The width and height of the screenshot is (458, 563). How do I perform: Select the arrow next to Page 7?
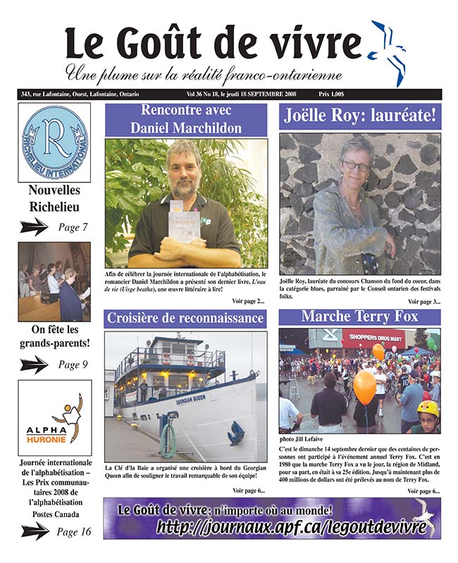tap(35, 227)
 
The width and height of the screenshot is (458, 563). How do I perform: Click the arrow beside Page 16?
tap(35, 532)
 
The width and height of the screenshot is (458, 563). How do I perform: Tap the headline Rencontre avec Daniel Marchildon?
tap(186, 119)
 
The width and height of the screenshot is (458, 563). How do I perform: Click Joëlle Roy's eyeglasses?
tap(357, 166)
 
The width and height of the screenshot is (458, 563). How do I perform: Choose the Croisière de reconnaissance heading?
tap(186, 318)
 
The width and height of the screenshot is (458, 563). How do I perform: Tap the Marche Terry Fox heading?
tap(359, 316)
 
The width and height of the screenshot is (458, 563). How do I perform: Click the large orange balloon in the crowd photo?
tap(364, 386)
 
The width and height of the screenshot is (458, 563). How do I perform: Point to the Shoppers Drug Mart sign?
tap(373, 338)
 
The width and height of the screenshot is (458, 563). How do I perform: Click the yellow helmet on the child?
tap(428, 408)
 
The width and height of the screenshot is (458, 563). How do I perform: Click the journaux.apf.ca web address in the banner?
tap(292, 527)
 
